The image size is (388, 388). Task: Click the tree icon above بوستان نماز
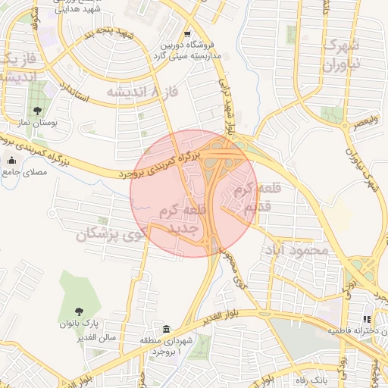coord(37,111)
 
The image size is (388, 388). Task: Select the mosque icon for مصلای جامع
coord(11,160)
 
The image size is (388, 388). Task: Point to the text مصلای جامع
coord(29,172)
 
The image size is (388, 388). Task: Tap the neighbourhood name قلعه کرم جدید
coord(180,218)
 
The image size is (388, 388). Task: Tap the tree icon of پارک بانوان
coord(80,311)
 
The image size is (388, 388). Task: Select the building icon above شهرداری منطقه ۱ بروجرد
coord(166,329)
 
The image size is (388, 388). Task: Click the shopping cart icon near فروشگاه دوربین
coord(187,34)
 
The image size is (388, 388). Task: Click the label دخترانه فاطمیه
coord(357,332)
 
